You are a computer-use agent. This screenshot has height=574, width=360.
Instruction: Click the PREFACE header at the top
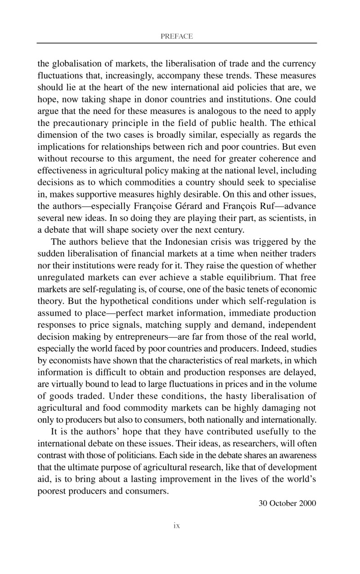pos(176,36)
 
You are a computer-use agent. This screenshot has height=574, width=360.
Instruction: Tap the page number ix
pos(177,525)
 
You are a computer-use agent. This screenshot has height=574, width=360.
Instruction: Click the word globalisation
pos(75,63)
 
